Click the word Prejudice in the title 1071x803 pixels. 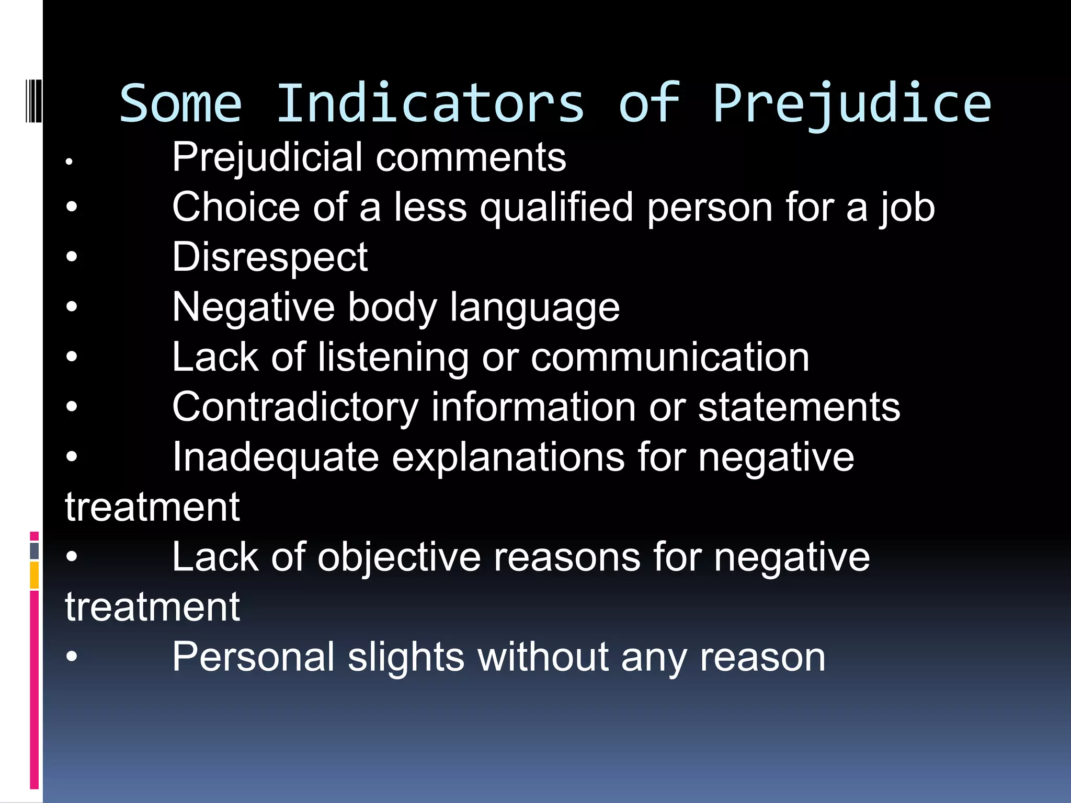click(x=852, y=105)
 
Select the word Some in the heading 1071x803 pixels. click(x=181, y=105)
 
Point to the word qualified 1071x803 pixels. click(x=557, y=209)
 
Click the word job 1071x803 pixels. click(x=907, y=209)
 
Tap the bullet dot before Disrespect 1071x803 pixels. click(x=72, y=257)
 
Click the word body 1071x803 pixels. click(x=392, y=308)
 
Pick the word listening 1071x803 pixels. click(x=393, y=358)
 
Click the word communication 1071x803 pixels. click(x=670, y=358)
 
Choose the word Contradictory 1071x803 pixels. click(x=295, y=408)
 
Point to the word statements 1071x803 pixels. click(x=799, y=408)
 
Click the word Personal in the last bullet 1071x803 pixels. click(x=254, y=657)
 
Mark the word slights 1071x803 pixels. click(x=406, y=657)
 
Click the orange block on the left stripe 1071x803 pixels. click(x=34, y=575)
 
